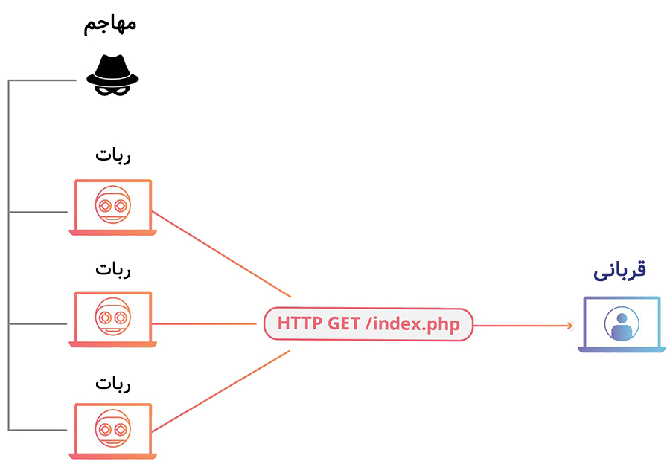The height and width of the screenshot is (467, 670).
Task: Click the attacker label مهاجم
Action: (x=109, y=24)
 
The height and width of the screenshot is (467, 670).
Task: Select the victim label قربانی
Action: (x=619, y=271)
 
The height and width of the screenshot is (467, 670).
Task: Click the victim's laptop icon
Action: (x=622, y=324)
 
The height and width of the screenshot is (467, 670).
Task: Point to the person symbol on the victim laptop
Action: (x=622, y=323)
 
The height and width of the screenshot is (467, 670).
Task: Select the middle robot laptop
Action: (x=113, y=319)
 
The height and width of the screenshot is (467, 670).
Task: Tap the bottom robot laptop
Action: (x=113, y=431)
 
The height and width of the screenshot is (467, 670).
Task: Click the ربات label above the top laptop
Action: (x=113, y=157)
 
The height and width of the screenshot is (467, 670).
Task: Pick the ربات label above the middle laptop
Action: (x=113, y=269)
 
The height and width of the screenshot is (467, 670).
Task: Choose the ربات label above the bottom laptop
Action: (x=113, y=383)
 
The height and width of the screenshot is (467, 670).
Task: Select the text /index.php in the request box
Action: (x=416, y=324)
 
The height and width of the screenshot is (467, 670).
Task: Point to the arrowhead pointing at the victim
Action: (x=569, y=325)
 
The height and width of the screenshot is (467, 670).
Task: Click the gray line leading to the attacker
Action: (x=45, y=80)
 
